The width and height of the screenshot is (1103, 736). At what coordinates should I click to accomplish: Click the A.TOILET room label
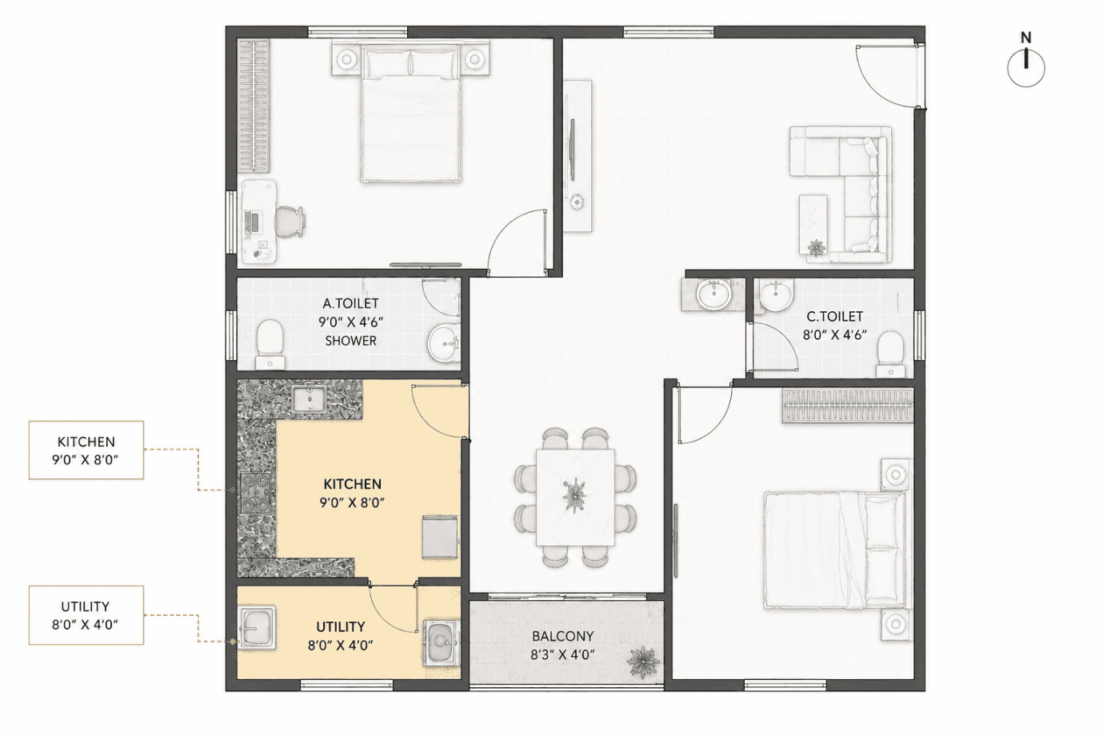(x=350, y=303)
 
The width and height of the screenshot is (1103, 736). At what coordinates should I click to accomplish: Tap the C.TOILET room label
(x=834, y=316)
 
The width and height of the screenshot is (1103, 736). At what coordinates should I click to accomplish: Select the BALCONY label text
(x=563, y=636)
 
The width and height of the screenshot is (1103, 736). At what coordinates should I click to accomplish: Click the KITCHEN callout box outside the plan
(x=86, y=450)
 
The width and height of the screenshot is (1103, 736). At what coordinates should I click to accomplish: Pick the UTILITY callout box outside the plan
(x=86, y=615)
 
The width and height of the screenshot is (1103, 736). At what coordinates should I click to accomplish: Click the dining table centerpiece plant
(x=574, y=494)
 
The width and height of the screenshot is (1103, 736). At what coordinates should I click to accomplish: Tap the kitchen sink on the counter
(x=309, y=399)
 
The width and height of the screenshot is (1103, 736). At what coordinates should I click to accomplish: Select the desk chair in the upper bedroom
(x=289, y=222)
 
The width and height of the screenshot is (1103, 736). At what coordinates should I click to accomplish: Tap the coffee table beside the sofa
(x=813, y=225)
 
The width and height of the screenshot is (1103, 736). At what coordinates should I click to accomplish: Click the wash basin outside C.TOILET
(x=713, y=294)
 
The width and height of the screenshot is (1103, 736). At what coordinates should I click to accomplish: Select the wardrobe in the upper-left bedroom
(x=254, y=106)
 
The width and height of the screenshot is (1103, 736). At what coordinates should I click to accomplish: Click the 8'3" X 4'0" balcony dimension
(x=563, y=654)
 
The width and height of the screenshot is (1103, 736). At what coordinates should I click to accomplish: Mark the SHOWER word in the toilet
(x=350, y=341)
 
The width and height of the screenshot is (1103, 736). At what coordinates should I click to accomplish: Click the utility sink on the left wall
(x=257, y=629)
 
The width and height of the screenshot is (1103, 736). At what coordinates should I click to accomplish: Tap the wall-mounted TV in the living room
(x=573, y=150)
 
